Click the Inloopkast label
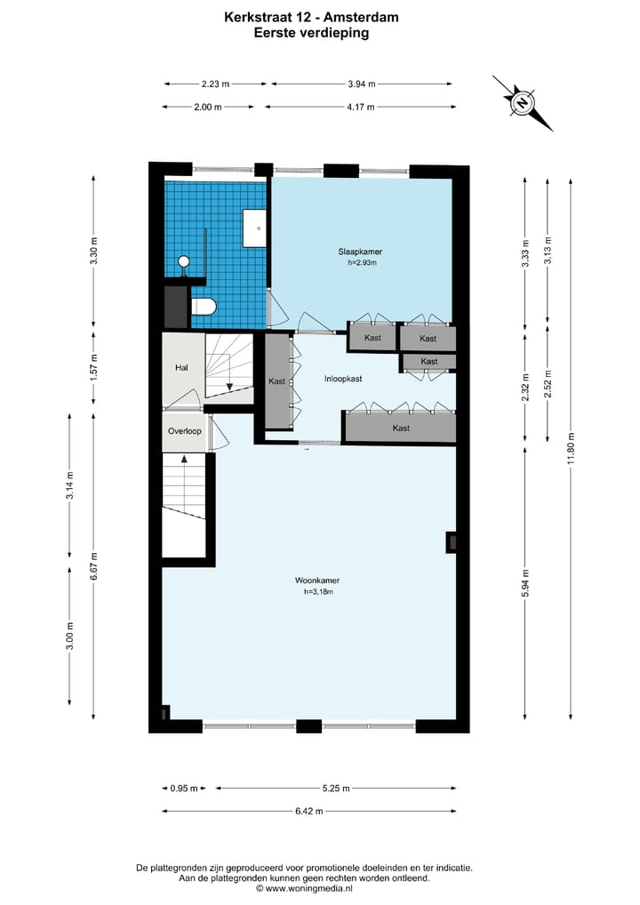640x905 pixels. (x=342, y=379)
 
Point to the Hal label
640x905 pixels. (x=182, y=367)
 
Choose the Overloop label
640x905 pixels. (x=185, y=431)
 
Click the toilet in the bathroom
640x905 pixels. (x=204, y=308)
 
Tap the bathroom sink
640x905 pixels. (x=255, y=228)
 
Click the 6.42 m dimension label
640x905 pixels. (x=309, y=810)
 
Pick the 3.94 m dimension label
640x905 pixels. (x=361, y=84)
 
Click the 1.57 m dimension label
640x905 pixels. (x=94, y=365)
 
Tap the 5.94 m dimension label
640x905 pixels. (x=526, y=582)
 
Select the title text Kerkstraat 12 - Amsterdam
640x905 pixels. (x=311, y=15)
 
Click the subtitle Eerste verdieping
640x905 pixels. (x=311, y=33)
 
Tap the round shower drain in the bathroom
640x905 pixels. (x=184, y=260)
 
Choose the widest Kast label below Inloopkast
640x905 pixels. (x=402, y=428)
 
